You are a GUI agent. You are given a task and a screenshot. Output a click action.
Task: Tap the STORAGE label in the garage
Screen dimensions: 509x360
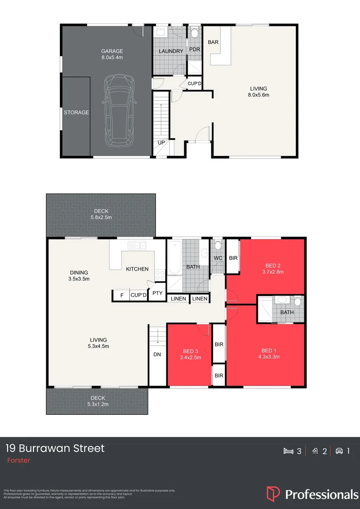(76, 113)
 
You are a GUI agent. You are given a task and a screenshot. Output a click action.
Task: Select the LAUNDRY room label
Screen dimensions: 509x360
(171, 51)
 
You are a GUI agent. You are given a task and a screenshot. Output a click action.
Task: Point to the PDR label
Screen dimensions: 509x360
(195, 49)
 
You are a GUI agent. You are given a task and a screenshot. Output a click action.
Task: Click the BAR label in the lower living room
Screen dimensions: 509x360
(213, 42)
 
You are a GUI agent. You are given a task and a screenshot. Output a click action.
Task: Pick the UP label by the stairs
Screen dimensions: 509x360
(161, 142)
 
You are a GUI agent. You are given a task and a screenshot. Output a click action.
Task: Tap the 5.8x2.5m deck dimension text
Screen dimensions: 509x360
(100, 218)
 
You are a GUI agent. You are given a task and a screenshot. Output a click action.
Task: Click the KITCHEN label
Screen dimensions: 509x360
(137, 269)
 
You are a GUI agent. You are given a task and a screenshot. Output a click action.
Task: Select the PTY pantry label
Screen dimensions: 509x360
(157, 293)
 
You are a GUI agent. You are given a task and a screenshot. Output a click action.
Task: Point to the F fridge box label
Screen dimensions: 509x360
(122, 296)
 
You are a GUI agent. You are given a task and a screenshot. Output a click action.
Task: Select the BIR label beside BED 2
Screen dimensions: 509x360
(233, 258)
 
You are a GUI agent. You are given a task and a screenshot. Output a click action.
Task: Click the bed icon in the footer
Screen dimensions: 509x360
(288, 451)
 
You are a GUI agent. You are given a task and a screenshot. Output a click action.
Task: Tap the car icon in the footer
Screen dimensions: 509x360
(339, 451)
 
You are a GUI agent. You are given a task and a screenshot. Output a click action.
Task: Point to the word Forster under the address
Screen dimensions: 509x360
(18, 460)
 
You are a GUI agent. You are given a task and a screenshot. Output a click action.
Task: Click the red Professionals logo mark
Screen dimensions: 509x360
(273, 493)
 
